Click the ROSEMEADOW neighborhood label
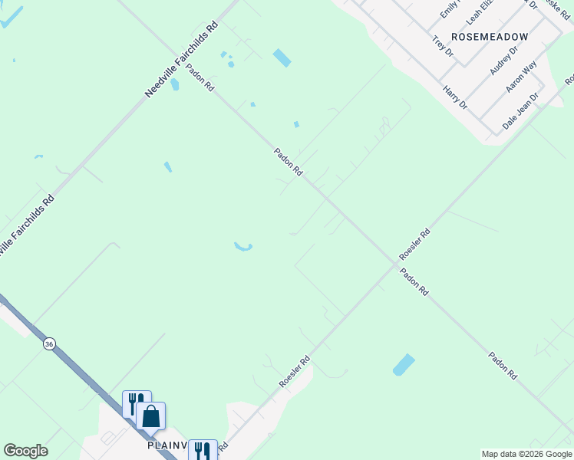tap(490, 36)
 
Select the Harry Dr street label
tap(455, 97)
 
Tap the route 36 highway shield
tap(49, 344)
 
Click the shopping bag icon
tap(151, 417)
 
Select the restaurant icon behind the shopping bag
tap(134, 402)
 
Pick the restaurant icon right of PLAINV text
tap(202, 450)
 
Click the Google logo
tap(25, 451)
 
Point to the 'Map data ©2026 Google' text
tap(527, 454)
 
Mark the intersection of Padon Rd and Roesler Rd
tap(397, 262)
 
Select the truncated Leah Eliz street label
tap(483, 10)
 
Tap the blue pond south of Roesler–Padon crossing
tap(404, 365)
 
